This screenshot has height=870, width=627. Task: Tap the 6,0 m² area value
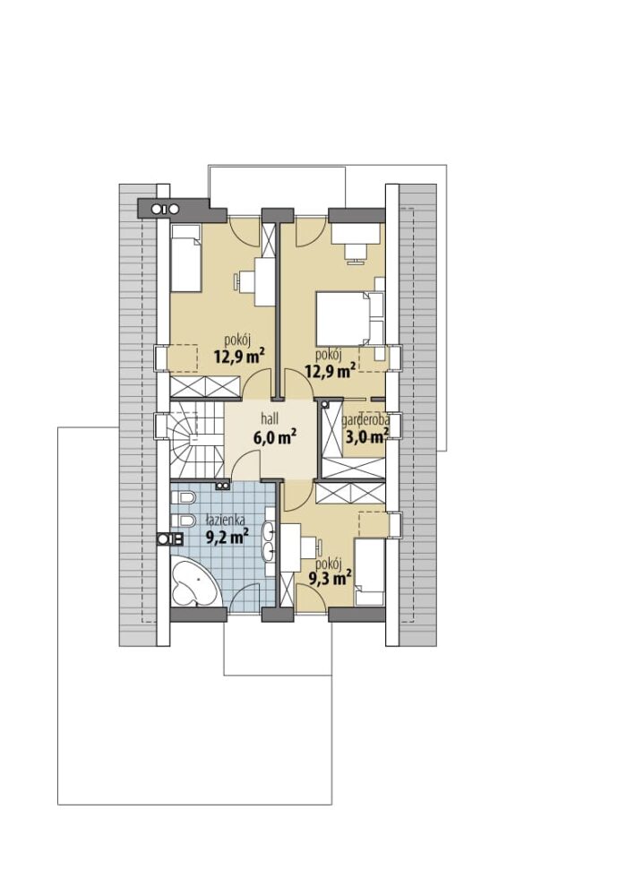pyautogui.click(x=274, y=437)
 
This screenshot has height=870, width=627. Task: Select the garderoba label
pyautogui.click(x=365, y=421)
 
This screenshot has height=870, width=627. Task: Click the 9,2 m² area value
pyautogui.click(x=227, y=537)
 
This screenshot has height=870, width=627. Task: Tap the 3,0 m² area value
pyautogui.click(x=366, y=437)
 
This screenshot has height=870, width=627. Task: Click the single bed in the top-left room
pyautogui.click(x=185, y=258)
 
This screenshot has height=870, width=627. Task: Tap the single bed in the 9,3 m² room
pyautogui.click(x=369, y=572)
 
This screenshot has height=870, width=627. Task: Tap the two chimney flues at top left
pyautogui.click(x=166, y=209)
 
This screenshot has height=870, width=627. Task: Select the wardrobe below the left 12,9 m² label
pyautogui.click(x=205, y=386)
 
